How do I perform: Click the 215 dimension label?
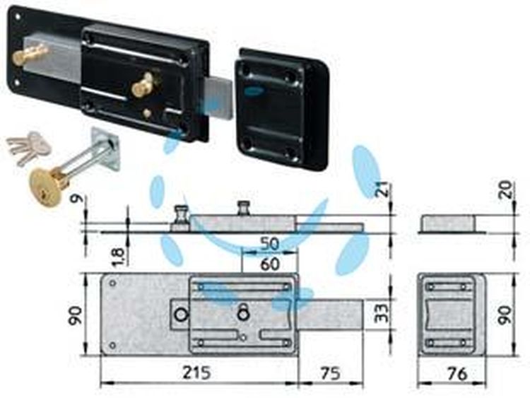click(196, 373)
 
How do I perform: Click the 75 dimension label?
click(329, 373)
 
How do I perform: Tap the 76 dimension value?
click(457, 374)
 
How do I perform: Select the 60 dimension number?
click(270, 264)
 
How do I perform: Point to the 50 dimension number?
click(270, 244)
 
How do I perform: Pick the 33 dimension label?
click(383, 312)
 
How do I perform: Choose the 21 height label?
click(382, 190)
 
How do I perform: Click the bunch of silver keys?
click(29, 147)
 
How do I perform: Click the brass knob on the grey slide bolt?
click(30, 54)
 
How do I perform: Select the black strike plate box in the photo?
click(282, 110)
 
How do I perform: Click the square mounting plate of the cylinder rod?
click(105, 148)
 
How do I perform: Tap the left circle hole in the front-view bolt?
click(181, 315)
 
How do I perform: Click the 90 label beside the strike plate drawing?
click(505, 315)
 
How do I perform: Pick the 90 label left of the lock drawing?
click(76, 315)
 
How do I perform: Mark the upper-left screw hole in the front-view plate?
click(113, 283)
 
